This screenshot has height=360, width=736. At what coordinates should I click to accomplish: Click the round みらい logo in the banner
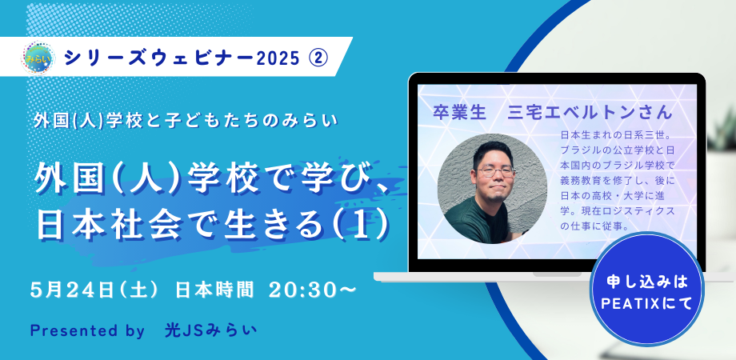point(38,58)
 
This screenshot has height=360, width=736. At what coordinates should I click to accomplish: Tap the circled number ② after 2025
point(318,58)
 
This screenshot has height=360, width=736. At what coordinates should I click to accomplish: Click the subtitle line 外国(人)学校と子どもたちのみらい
point(186,121)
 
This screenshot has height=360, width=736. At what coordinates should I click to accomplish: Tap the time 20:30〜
point(312,290)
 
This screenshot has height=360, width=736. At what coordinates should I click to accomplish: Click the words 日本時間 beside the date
point(214,290)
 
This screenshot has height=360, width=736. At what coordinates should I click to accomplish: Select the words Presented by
point(87,331)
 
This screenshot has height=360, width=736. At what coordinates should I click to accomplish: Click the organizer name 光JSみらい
point(211,330)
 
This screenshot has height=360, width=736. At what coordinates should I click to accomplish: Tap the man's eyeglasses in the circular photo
point(496,172)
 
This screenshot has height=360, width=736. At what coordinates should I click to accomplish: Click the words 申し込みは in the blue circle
point(646,282)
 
